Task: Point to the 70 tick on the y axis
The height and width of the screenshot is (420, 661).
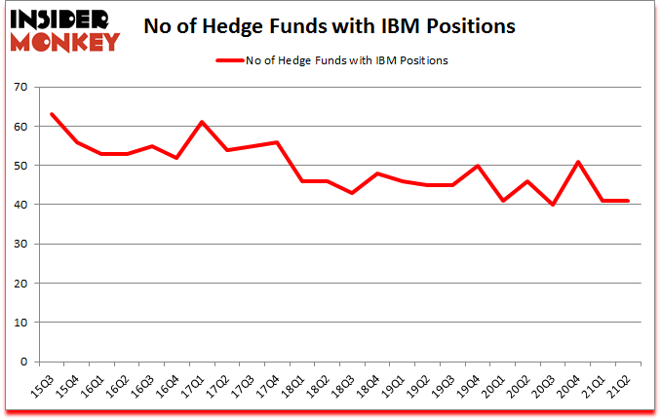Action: [x=19, y=88]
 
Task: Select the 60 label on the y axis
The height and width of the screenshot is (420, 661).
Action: [x=19, y=127]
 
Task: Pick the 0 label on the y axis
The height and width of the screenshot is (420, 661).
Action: [x=23, y=362]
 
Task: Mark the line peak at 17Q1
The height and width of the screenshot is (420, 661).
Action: [x=202, y=122]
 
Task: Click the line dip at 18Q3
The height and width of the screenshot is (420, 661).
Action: [x=352, y=193]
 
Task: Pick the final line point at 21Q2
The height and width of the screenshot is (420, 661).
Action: [x=627, y=201]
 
